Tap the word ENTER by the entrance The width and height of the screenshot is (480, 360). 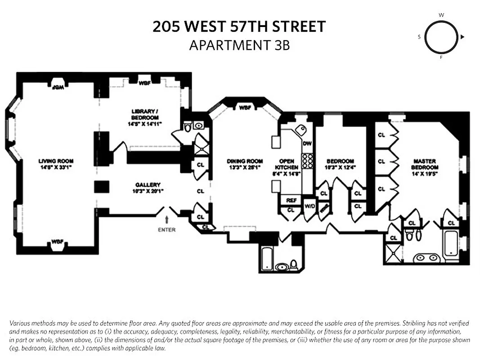(167, 230)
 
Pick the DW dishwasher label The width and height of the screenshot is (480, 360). (307, 144)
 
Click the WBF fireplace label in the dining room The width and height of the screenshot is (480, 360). (245, 108)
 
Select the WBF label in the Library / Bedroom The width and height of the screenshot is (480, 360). (144, 83)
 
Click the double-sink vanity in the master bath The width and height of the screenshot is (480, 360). (425, 257)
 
